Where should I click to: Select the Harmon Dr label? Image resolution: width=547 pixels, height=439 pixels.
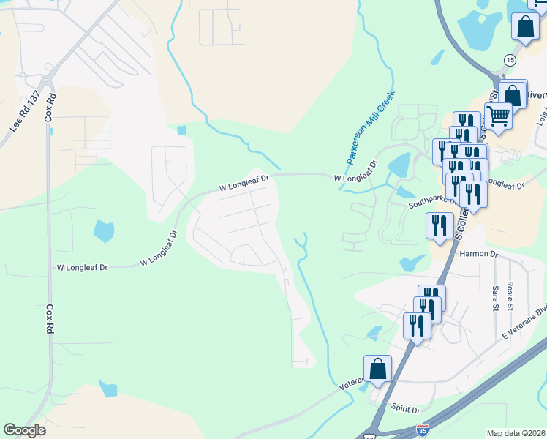tap(479, 254)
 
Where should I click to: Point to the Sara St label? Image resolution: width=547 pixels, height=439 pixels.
tap(495, 298)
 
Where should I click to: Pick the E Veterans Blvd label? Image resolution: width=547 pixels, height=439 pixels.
tap(524, 322)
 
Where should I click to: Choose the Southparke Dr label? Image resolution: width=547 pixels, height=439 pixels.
tap(431, 203)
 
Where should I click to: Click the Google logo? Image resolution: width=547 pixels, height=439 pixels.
tap(24, 430)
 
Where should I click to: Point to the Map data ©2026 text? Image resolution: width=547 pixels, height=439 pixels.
tap(516, 433)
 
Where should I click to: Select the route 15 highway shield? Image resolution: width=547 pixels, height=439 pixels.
tap(510, 59)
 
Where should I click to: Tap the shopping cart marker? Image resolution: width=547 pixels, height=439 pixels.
tap(499, 114)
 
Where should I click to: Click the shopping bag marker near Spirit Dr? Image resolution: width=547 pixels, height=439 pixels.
tap(377, 368)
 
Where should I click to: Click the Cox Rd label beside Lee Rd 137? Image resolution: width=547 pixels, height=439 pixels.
tap(50, 108)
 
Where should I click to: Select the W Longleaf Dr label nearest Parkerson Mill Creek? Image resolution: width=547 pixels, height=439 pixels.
tap(356, 178)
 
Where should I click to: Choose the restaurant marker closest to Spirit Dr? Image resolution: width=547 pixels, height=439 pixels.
tap(416, 324)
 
